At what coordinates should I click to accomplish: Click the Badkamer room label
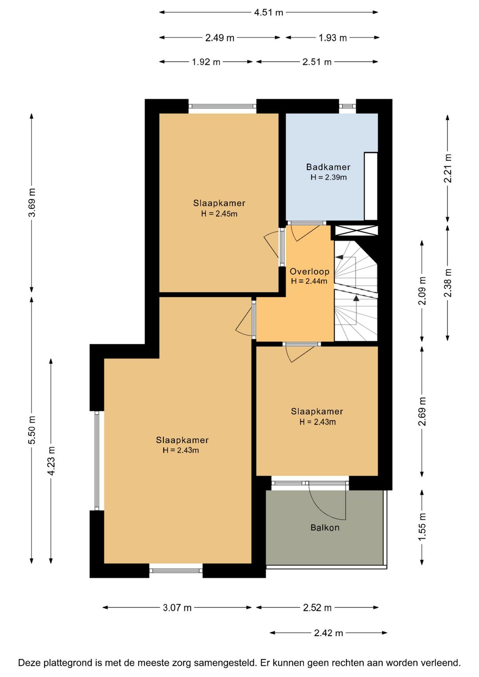click(328, 167)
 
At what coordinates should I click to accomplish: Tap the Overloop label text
click(310, 272)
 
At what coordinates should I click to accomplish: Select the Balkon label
click(325, 527)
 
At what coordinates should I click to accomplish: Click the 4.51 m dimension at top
click(268, 13)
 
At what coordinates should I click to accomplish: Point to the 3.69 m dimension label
click(32, 202)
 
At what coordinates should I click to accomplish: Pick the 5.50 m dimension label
click(32, 430)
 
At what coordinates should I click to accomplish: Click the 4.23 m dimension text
click(51, 461)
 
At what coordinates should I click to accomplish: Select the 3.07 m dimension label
click(177, 607)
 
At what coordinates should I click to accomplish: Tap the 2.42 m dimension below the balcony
click(329, 633)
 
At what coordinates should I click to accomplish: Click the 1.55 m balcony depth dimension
click(422, 527)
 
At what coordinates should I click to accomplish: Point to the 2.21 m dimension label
click(448, 168)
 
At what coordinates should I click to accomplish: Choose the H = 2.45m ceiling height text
click(219, 214)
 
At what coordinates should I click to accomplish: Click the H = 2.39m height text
click(329, 177)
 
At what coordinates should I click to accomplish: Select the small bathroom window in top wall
click(347, 106)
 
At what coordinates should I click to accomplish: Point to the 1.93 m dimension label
click(333, 38)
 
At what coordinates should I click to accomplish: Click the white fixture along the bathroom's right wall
click(371, 186)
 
